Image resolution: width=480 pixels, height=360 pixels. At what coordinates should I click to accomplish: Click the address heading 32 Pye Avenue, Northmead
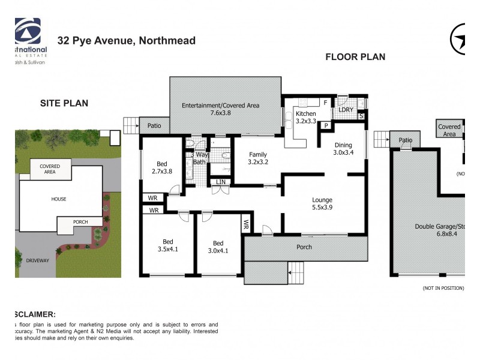(126, 41)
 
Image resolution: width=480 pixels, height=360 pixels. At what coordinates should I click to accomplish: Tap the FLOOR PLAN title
(355, 57)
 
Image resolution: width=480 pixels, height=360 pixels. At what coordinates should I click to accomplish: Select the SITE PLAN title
(64, 103)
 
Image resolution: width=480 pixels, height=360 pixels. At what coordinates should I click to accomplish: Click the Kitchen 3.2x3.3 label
(305, 117)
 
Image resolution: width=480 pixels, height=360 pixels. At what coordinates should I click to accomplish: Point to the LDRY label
(346, 109)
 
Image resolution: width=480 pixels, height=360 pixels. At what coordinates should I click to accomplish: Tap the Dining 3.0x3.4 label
(343, 148)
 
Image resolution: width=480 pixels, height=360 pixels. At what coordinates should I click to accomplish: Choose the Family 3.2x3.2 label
(258, 158)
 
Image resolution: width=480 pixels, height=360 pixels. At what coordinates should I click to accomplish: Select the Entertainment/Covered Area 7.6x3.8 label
(221, 109)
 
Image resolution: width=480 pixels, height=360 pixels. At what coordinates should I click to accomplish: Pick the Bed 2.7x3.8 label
(162, 168)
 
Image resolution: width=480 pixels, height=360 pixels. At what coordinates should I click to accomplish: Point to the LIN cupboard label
(221, 181)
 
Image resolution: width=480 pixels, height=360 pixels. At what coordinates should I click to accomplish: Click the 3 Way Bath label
(199, 158)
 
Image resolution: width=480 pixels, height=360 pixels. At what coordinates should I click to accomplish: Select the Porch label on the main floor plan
(305, 247)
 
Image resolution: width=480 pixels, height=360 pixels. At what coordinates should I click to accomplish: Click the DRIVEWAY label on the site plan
(38, 260)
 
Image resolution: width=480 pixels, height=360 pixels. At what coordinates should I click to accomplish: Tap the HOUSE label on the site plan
(59, 199)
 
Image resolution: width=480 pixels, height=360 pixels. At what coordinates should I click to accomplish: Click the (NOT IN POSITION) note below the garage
(443, 288)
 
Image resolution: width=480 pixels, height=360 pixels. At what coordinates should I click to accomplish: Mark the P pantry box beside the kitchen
(325, 125)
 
